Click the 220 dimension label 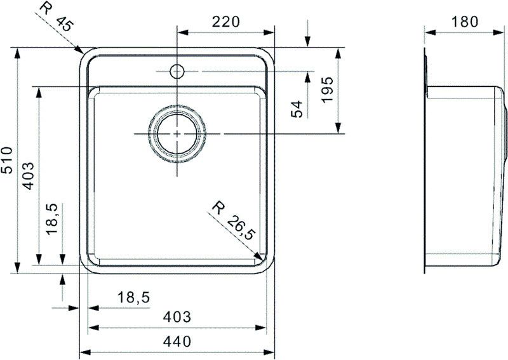[225, 22]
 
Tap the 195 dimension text [326, 91]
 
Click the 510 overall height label [7, 161]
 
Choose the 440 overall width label [177, 342]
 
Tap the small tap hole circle [177, 70]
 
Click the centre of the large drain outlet [177, 134]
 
